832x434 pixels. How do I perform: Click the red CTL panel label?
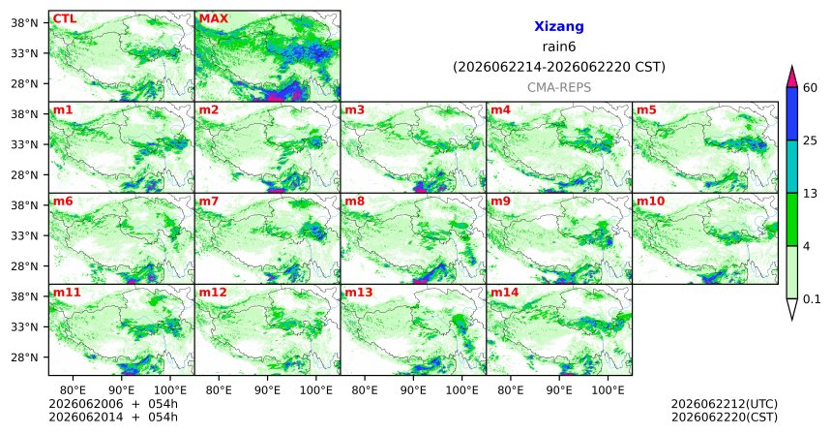(64, 19)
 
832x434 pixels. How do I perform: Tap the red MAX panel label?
(213, 19)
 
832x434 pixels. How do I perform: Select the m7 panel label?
(207, 201)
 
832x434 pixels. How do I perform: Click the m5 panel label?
(646, 110)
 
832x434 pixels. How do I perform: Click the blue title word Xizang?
(559, 26)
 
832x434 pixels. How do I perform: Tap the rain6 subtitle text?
(559, 46)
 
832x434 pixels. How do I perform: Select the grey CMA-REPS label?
(559, 87)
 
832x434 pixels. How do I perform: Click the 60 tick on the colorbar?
(810, 87)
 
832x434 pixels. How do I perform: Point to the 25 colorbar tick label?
(810, 140)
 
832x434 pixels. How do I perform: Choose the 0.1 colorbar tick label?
(812, 299)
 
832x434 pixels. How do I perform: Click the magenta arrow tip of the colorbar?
(792, 67)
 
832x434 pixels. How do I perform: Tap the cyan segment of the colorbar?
(792, 167)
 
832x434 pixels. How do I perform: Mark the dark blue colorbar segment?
(792, 113)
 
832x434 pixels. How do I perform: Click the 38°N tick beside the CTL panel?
(24, 23)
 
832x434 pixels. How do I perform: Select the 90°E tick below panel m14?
(559, 391)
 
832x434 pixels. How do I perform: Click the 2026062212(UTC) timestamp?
(725, 404)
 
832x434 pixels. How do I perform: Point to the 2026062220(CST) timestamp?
(725, 417)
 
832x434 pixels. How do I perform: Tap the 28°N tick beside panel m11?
(24, 357)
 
